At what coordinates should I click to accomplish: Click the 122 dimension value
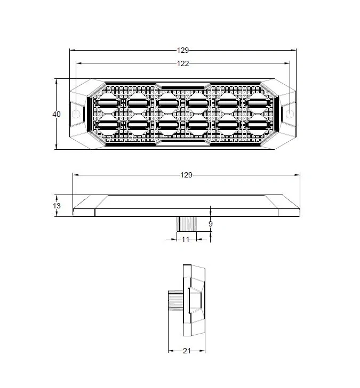click(x=183, y=63)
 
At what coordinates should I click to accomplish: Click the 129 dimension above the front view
click(x=183, y=50)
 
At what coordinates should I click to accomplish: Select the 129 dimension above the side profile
click(x=187, y=175)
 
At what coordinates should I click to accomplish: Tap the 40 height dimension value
click(x=57, y=114)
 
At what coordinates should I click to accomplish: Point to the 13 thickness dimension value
click(x=57, y=206)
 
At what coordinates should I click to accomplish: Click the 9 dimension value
click(x=211, y=224)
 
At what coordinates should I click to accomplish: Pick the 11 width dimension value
click(x=186, y=239)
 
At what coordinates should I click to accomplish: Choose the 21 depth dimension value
click(x=187, y=351)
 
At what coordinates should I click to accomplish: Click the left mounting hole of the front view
click(x=76, y=114)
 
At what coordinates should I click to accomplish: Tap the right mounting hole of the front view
click(x=290, y=114)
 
